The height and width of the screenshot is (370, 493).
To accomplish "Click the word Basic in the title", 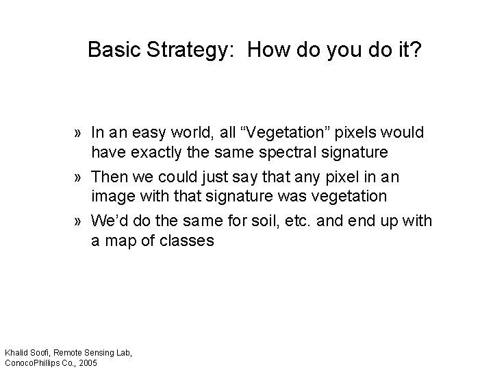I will coord(112,50).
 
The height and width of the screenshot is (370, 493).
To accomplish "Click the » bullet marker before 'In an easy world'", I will coord(81,132).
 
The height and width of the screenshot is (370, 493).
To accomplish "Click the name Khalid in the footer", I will coord(17,352).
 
